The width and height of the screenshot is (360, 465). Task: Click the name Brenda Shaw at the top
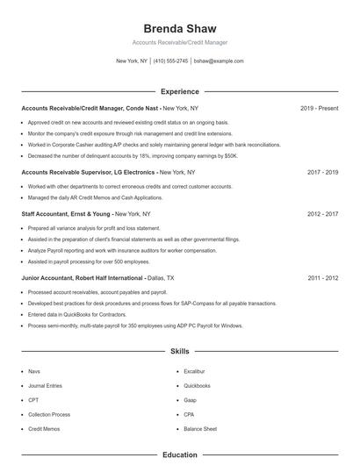(x=179, y=29)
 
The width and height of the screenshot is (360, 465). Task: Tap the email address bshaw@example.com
(x=219, y=61)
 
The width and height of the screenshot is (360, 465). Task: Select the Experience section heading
(x=179, y=91)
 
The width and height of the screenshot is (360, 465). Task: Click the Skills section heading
(x=179, y=352)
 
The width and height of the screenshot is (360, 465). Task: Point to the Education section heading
(x=179, y=455)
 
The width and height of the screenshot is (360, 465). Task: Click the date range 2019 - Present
(x=319, y=108)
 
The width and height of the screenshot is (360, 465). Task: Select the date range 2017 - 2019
(x=322, y=173)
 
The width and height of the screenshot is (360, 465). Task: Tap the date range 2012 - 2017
(x=322, y=213)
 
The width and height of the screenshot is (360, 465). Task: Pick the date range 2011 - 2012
(x=322, y=277)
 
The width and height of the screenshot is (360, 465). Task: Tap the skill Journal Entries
(x=44, y=385)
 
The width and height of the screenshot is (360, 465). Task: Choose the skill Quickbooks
(x=197, y=385)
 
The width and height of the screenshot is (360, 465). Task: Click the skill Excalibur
(x=195, y=371)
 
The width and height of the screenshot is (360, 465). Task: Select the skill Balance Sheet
(x=200, y=428)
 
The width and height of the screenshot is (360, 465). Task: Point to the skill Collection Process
(x=49, y=414)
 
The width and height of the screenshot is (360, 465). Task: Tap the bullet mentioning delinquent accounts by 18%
(x=132, y=155)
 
